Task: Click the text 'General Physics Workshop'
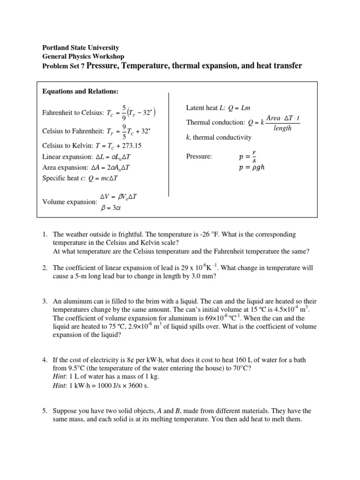pos(83,57)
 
